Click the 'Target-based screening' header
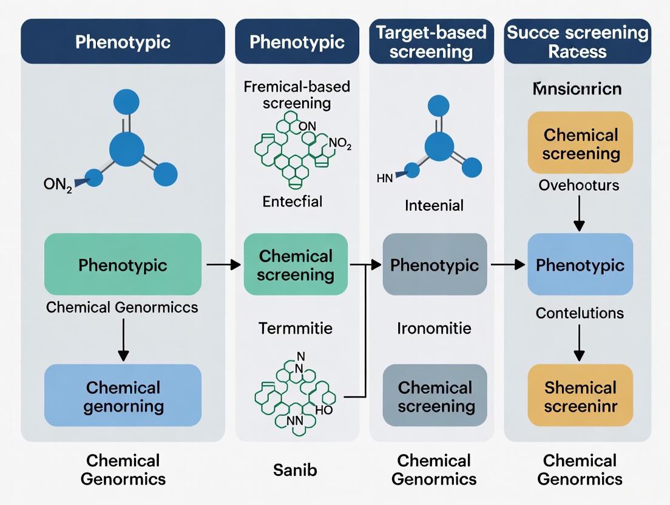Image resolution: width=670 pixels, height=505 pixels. (x=431, y=41)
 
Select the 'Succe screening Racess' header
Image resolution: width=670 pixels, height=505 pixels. (x=577, y=41)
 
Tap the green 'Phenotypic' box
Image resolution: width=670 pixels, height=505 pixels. (x=123, y=265)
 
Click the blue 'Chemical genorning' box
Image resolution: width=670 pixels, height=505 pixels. (x=123, y=396)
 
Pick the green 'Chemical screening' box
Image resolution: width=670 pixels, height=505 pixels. (x=296, y=265)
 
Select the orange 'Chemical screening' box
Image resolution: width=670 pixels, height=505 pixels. (x=581, y=143)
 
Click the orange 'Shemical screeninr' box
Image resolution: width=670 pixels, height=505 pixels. (x=580, y=396)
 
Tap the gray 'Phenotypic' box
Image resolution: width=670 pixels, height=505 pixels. (x=435, y=265)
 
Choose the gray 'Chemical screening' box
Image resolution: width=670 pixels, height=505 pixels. (x=435, y=396)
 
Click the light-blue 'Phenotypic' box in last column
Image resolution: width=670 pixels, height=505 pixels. (x=580, y=265)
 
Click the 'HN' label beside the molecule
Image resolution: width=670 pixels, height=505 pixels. (x=385, y=178)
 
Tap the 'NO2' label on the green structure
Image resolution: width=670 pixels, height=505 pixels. (x=339, y=144)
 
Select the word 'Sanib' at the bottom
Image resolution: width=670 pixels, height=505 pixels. (x=296, y=469)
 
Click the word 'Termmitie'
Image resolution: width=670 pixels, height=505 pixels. (x=296, y=328)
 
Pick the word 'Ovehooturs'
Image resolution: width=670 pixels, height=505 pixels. (x=579, y=185)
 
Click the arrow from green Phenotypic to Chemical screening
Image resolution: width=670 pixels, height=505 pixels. (x=223, y=265)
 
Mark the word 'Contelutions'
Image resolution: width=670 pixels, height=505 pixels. (x=579, y=313)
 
